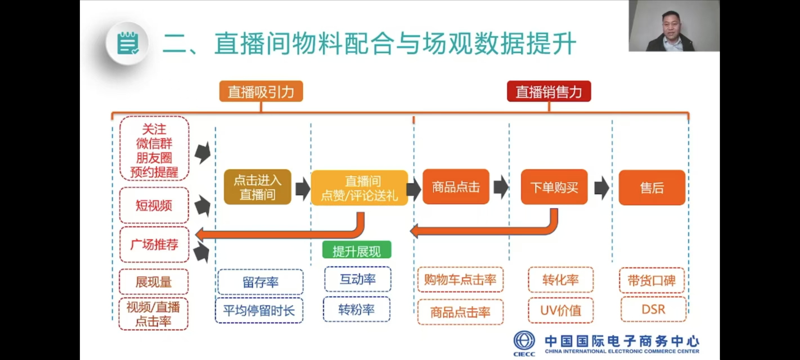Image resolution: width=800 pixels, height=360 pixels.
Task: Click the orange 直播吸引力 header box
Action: click(261, 91)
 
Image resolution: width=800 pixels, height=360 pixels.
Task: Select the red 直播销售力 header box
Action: click(549, 91)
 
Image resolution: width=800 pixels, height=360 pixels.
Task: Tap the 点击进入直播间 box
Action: click(257, 187)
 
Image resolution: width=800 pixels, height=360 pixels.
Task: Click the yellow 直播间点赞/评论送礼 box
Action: click(359, 188)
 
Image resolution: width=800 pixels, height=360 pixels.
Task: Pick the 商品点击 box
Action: click(456, 187)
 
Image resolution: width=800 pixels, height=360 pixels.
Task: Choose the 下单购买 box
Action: click(554, 187)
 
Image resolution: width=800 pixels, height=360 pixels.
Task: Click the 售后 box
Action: click(652, 188)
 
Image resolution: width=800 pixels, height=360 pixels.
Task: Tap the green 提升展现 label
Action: click(356, 250)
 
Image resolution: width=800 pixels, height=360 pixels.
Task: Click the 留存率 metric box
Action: click(260, 282)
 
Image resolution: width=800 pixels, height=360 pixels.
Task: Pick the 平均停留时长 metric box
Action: click(259, 310)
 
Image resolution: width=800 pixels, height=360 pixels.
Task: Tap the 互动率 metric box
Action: click(358, 279)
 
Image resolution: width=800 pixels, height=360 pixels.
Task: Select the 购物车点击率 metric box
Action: click(460, 280)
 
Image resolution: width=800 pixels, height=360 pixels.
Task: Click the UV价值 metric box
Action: click(561, 310)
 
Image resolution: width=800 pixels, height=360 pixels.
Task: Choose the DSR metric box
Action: click(653, 309)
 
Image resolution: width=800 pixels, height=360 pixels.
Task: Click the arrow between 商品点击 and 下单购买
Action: click(501, 187)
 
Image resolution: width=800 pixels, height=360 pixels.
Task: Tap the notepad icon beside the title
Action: click(127, 44)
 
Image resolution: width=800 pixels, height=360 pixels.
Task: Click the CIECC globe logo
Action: click(524, 341)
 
